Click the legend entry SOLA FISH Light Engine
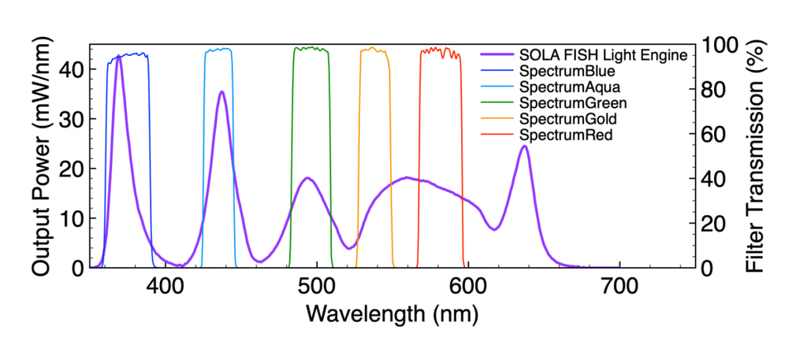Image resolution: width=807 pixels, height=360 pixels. pos(602,56)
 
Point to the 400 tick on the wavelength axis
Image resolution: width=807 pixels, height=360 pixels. pos(165,286)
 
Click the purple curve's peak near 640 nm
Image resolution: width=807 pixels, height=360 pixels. pos(524,146)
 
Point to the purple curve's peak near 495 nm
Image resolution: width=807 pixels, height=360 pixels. pos(308,178)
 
